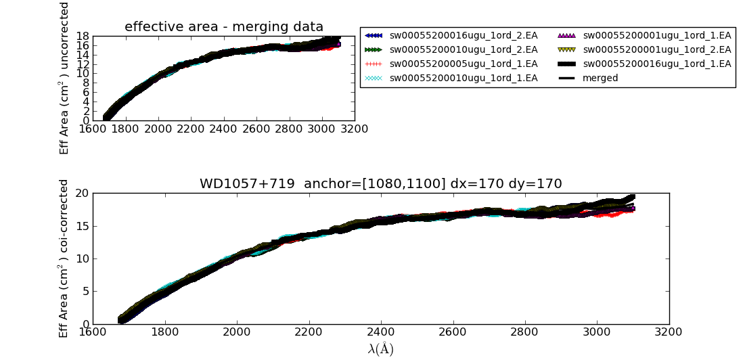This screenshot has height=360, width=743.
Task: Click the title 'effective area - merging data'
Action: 224,27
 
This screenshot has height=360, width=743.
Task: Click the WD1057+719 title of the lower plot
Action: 380,184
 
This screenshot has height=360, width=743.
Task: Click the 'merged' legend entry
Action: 600,78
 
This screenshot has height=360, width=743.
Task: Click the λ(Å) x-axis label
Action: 380,349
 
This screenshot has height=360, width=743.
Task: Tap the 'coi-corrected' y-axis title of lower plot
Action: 64,258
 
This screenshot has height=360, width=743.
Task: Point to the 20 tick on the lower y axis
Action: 81,193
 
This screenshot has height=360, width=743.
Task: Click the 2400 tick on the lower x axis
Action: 381,333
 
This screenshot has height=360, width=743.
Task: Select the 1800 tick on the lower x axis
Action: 164,333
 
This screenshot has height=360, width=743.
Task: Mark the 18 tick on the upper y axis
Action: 83,36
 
